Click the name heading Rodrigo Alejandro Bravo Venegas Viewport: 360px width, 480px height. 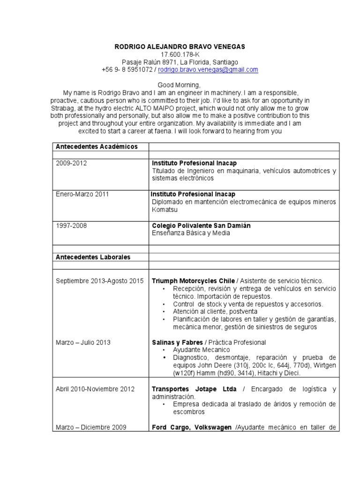pyautogui.click(x=180, y=47)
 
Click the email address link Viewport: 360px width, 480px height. pyautogui.click(x=208, y=70)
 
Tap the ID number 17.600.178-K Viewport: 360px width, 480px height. pyautogui.click(x=180, y=54)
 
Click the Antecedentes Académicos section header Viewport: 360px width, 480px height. pyautogui.click(x=97, y=147)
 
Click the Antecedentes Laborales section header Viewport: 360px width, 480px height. pyautogui.click(x=93, y=257)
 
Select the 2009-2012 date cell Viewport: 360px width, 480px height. pyautogui.click(x=71, y=163)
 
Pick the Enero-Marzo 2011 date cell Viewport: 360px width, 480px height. pyautogui.click(x=82, y=194)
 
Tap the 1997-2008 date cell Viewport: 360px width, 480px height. pyautogui.click(x=71, y=225)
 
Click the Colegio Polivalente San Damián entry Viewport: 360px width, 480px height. pyautogui.click(x=201, y=225)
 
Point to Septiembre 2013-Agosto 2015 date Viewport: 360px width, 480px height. pyautogui.click(x=99, y=281)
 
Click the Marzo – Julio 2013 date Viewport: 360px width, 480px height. pyautogui.click(x=83, y=342)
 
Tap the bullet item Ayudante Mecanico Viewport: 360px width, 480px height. pyautogui.click(x=201, y=350)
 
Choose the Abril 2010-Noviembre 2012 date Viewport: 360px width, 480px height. pyautogui.click(x=95, y=389)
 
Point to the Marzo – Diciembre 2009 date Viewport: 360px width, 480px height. pyautogui.click(x=91, y=427)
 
